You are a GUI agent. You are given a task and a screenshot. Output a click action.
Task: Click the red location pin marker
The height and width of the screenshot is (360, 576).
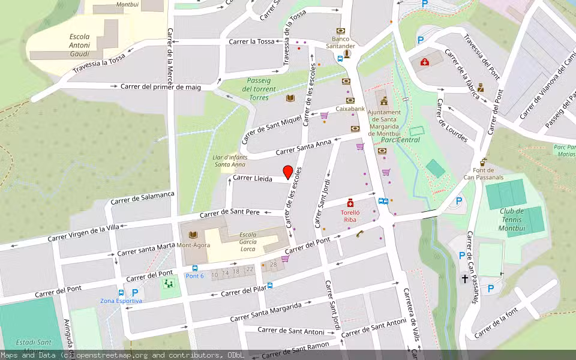click(x=288, y=172)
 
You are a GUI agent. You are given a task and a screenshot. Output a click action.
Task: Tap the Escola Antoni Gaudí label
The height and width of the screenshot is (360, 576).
click(x=79, y=45)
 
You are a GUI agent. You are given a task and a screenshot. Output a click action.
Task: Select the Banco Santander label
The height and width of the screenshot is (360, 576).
click(x=340, y=42)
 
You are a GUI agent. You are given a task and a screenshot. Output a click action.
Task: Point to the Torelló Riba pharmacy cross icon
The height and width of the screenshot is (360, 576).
click(x=350, y=204)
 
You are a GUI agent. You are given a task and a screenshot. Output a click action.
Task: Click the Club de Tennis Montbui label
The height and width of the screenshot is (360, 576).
click(x=512, y=216)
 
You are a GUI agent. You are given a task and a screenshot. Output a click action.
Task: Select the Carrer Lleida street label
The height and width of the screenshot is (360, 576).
click(x=253, y=178)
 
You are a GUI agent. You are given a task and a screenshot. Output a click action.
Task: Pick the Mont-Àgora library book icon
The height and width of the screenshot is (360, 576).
click(x=193, y=235)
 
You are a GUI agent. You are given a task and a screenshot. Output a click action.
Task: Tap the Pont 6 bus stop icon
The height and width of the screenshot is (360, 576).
click(x=195, y=268)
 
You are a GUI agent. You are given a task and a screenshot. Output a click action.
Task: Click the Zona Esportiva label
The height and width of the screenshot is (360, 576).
click(x=121, y=301)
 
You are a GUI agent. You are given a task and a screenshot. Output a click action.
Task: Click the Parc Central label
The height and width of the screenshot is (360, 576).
click(x=400, y=140)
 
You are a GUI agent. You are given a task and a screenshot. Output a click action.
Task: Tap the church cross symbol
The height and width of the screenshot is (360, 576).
click(x=464, y=279)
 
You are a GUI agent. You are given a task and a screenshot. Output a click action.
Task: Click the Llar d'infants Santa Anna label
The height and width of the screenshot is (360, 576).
click(x=230, y=160)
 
